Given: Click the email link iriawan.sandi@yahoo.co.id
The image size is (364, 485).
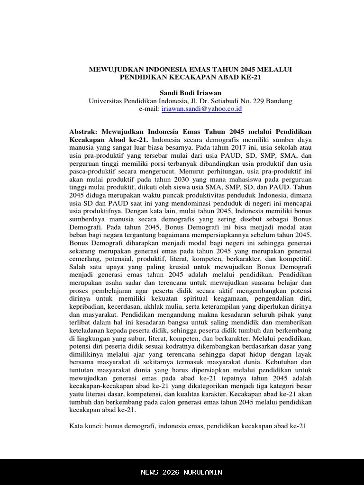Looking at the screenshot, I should [x=202, y=108].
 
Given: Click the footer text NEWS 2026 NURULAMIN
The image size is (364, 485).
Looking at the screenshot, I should [x=182, y=472].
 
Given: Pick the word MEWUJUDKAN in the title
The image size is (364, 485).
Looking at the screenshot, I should [x=112, y=69].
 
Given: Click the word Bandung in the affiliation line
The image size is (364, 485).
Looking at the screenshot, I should [x=279, y=101].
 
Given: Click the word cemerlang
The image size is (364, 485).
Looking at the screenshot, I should [x=85, y=259].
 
